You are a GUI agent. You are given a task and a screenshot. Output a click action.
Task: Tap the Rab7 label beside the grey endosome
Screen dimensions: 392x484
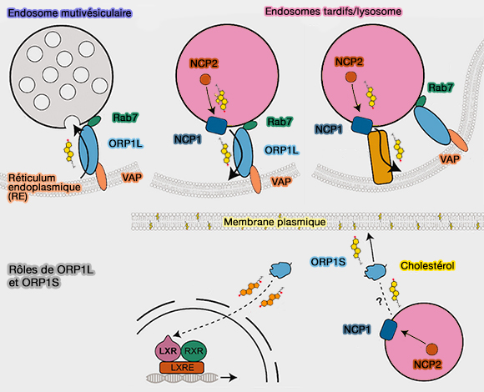point(127,120)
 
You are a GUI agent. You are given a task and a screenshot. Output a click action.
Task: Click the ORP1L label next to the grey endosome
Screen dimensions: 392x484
point(126,143)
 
